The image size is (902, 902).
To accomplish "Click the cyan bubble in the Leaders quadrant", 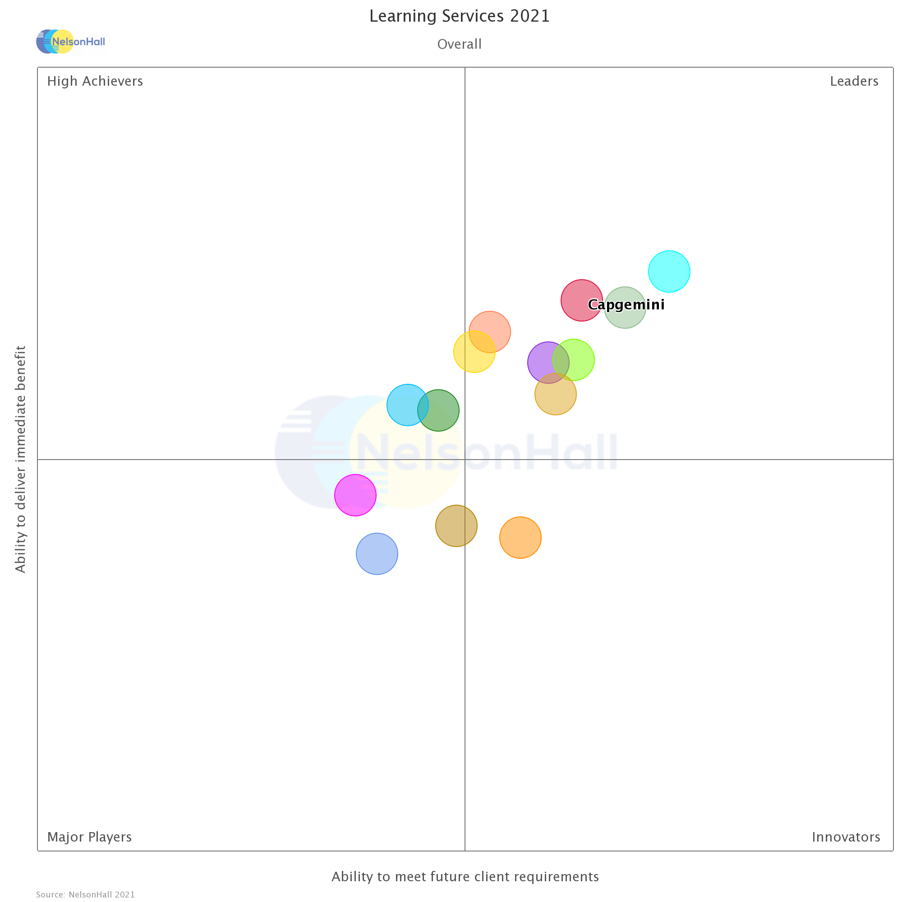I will [x=669, y=271].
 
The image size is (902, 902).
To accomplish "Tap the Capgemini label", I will [x=626, y=305].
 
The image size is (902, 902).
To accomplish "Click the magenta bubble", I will [x=355, y=495].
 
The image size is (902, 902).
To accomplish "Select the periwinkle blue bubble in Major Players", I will [x=377, y=554].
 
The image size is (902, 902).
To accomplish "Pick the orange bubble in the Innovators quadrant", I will [x=520, y=538].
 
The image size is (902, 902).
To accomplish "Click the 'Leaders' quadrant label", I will [x=853, y=81].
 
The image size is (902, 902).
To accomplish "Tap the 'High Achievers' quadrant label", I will [x=95, y=81].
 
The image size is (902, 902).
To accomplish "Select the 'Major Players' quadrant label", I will [x=89, y=837].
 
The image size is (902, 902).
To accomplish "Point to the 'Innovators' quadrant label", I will [x=846, y=837].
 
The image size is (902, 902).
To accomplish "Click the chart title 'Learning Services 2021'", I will [x=460, y=16].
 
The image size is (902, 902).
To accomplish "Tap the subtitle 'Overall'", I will [x=460, y=44].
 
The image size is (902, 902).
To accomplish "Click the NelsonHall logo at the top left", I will [x=71, y=41].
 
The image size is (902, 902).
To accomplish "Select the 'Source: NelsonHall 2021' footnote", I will [x=85, y=894].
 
